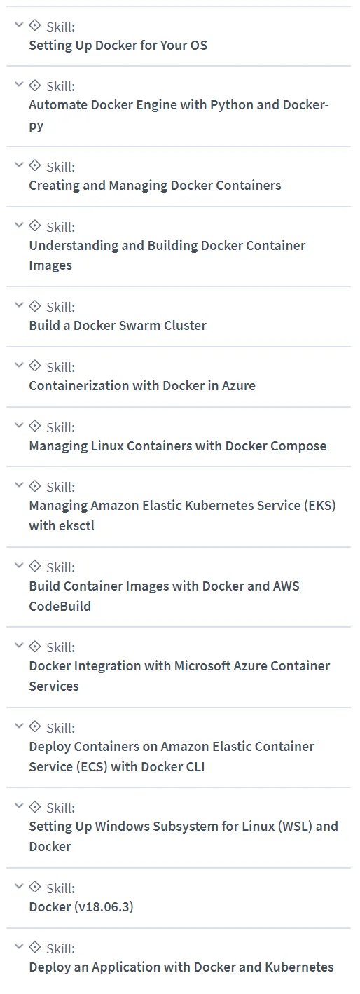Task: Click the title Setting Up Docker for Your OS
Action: click(x=118, y=46)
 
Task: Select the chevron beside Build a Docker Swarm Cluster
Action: click(x=19, y=305)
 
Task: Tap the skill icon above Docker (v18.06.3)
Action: click(x=34, y=887)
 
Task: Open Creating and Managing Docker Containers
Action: click(x=155, y=186)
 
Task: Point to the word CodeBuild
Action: click(x=60, y=606)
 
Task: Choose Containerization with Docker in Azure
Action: click(x=142, y=385)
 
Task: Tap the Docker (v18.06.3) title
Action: click(x=81, y=906)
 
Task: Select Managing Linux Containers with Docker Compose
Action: click(x=178, y=446)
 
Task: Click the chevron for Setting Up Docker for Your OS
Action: click(x=19, y=25)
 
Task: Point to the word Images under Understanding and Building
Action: click(x=50, y=265)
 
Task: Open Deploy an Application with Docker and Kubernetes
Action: click(x=181, y=967)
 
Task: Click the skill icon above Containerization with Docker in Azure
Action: click(x=34, y=366)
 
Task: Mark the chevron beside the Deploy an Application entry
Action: click(x=19, y=946)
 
